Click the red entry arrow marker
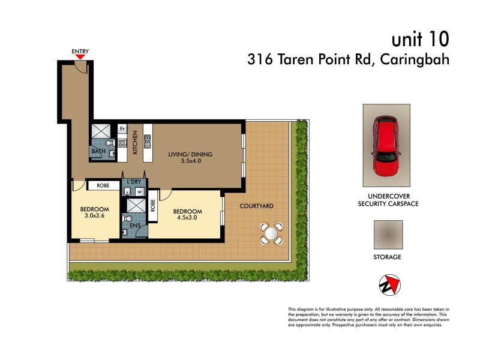tap(80, 57)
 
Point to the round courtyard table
tap(271, 233)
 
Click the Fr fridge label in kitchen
tap(122, 128)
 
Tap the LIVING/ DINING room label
tap(190, 154)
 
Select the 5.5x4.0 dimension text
tap(190, 161)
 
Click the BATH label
tap(98, 152)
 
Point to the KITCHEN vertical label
tap(136, 143)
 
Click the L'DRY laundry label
tap(134, 181)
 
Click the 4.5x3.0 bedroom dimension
tap(188, 218)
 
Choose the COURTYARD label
tap(256, 206)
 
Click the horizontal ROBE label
tap(103, 186)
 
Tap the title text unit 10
tap(419, 40)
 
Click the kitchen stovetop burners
tap(122, 143)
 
